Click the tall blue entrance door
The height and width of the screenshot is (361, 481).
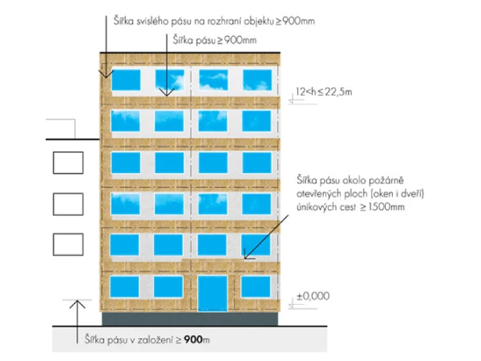212,293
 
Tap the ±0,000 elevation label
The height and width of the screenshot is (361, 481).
313,296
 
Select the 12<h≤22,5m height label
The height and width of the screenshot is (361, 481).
324,92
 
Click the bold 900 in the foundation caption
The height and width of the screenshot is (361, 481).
194,340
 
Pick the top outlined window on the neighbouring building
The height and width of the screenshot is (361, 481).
68,163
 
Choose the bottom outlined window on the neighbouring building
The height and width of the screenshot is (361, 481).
68,244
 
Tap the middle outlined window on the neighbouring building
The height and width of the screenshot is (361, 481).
68,204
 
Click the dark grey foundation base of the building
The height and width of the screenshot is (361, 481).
190,319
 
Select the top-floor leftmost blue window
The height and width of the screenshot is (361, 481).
126,80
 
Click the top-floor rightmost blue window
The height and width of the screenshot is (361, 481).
258,80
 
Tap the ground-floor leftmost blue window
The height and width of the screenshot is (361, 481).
124,286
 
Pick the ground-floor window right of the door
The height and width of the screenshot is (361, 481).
256,286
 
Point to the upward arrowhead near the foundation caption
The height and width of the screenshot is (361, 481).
77,304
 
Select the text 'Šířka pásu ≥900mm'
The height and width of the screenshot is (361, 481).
215,40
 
